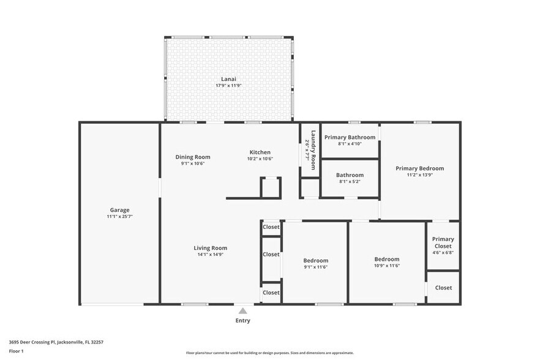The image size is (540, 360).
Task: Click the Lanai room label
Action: click(228, 79)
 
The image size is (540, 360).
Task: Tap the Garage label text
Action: click(119, 210)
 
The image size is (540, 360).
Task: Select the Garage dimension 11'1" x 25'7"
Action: click(119, 217)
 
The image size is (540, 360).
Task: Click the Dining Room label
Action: click(193, 157)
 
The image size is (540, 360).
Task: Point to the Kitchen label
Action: click(260, 152)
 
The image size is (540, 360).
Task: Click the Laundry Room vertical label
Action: click(312, 149)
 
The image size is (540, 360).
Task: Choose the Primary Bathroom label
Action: click(350, 137)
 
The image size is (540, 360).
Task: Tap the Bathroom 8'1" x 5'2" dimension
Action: click(350, 182)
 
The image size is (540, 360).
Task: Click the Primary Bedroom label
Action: click(419, 168)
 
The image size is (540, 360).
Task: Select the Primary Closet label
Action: click(443, 242)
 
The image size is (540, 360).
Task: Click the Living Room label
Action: click(210, 248)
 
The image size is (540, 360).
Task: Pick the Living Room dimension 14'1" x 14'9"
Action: click(210, 255)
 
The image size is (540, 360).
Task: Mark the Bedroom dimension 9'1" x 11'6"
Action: click(316, 267)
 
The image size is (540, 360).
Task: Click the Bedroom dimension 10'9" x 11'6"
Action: click(387, 266)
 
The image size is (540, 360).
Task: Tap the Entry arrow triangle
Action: click(243, 311)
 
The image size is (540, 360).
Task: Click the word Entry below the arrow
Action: click(243, 321)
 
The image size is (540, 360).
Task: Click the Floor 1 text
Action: click(17, 351)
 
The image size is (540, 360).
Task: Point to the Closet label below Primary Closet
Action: click(443, 288)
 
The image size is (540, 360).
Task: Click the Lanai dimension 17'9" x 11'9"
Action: click(228, 86)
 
